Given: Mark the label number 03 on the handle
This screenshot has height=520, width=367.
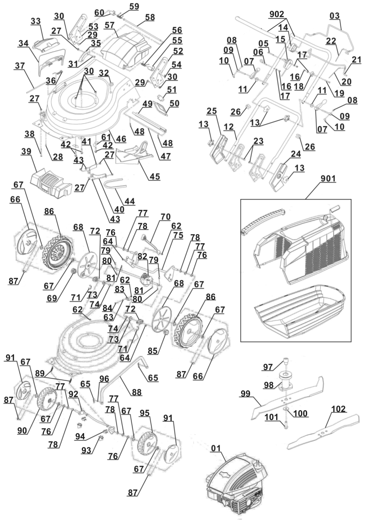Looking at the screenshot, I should coord(335,16).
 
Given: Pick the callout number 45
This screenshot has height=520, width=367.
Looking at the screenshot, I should coord(155,177).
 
